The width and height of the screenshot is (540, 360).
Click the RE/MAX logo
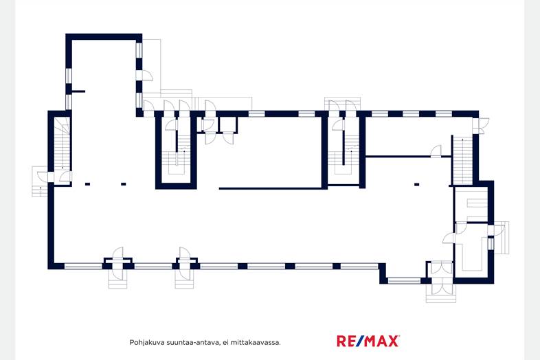(368, 341)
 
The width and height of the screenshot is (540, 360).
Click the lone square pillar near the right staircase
(417, 185)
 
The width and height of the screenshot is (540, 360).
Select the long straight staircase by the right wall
(462, 161)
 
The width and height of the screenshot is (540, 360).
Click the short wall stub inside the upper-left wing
(78, 91)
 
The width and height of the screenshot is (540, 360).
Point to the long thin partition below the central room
(271, 188)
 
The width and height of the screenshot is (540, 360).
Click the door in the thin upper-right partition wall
(436, 152)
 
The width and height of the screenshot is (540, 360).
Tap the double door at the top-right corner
(480, 126)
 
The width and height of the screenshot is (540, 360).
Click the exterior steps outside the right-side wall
(502, 238)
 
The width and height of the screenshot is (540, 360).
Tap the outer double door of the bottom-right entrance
(441, 288)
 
